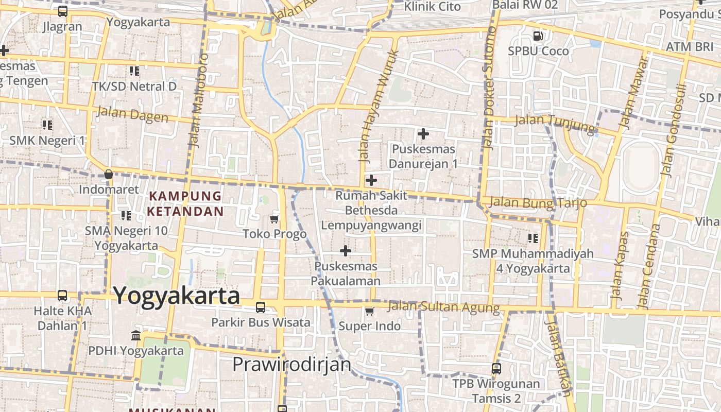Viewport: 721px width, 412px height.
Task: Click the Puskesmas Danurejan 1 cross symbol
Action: click(423, 134)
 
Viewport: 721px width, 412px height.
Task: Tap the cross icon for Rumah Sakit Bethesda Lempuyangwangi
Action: click(371, 180)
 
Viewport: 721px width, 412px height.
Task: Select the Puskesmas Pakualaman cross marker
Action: click(346, 251)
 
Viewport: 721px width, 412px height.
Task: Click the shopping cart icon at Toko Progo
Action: click(274, 219)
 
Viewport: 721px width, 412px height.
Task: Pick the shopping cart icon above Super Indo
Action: click(369, 311)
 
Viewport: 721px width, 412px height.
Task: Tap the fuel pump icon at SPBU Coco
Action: click(538, 36)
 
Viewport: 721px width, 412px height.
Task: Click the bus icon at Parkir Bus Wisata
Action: click(261, 307)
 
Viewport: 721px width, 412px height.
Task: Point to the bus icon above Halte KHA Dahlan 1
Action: click(62, 296)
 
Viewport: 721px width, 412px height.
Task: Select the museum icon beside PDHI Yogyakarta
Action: click(136, 336)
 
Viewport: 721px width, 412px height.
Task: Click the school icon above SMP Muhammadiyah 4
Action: click(533, 238)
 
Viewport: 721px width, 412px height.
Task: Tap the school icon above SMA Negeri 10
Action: click(126, 215)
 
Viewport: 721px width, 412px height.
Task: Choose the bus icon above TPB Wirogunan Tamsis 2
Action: click(496, 369)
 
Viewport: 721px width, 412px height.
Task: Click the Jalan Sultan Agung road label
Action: click(443, 307)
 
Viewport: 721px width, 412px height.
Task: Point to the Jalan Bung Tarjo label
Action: click(538, 202)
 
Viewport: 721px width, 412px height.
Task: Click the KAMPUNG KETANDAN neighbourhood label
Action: click(185, 203)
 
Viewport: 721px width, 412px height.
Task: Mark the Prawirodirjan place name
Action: click(291, 364)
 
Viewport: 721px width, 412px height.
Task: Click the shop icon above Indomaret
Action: click(109, 174)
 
